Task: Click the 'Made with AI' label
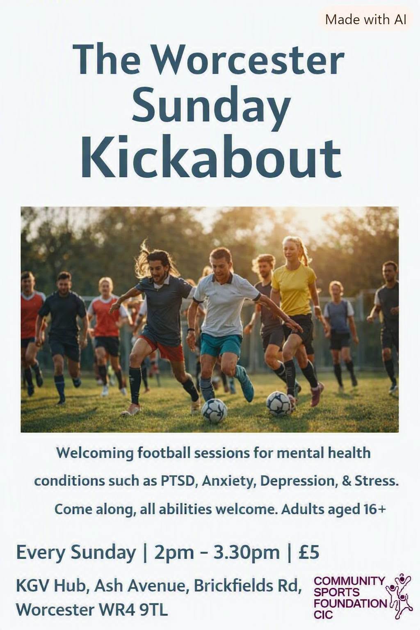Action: click(365, 20)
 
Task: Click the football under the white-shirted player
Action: click(215, 411)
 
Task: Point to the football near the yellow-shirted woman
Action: click(278, 404)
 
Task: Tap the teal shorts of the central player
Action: click(221, 345)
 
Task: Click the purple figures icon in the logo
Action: click(399, 594)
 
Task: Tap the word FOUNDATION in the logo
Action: click(351, 603)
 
